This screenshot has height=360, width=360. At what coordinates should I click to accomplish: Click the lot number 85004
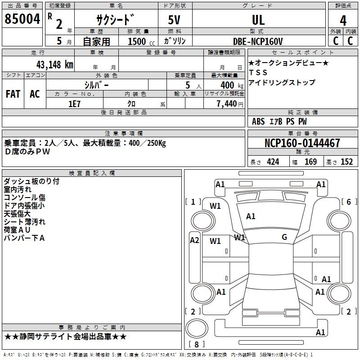click(x=22, y=19)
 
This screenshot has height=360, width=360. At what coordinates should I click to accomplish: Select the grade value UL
click(x=258, y=20)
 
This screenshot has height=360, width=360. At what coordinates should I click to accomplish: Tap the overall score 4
click(x=343, y=20)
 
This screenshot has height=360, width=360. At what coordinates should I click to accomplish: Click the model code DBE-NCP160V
click(x=258, y=41)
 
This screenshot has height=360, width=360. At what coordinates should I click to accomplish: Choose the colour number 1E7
click(x=74, y=103)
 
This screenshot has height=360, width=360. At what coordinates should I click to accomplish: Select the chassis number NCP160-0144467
click(x=302, y=143)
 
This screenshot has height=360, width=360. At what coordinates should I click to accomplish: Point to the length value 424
click(x=273, y=162)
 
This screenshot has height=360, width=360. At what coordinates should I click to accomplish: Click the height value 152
click(x=346, y=162)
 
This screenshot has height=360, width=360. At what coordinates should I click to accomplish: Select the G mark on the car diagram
click(x=284, y=237)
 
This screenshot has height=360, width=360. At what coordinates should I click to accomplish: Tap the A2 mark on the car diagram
click(x=194, y=240)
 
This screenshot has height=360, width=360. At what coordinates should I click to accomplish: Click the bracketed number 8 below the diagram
click(x=196, y=345)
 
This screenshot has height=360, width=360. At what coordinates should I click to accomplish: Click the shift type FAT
click(x=13, y=94)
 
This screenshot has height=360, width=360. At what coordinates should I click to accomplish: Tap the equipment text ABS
click(x=258, y=121)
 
